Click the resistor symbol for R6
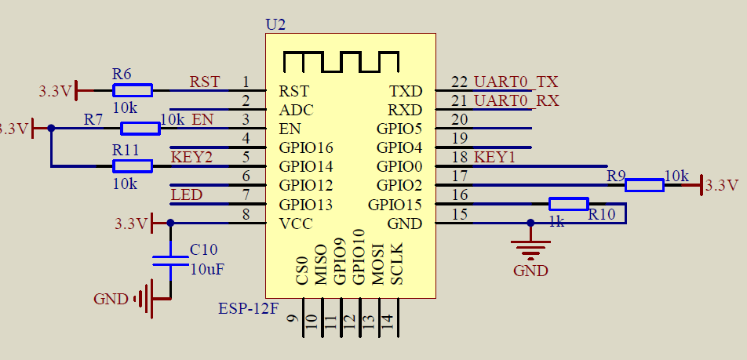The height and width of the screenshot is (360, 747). tap(133, 90)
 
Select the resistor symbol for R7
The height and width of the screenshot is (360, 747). tap(140, 128)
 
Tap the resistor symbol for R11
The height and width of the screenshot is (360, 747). tap(133, 165)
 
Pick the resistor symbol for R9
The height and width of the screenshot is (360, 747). tap(644, 185)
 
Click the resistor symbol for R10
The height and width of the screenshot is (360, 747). tap(568, 204)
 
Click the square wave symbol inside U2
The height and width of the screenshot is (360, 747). tap(341, 62)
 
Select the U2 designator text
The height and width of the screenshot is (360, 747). tap(275, 24)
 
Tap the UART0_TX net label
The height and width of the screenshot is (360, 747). tap(516, 82)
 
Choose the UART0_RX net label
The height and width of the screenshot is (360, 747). tap(516, 100)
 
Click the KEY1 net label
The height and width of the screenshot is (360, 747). tap(494, 157)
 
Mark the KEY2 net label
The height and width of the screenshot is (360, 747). tap(191, 157)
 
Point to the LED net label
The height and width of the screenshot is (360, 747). tap(186, 195)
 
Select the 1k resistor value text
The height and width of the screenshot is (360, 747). tap(556, 223)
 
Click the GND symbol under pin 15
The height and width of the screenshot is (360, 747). tap(530, 251)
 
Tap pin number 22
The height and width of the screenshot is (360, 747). tap(459, 82)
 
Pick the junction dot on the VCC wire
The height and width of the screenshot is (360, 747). tap(170, 223)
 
